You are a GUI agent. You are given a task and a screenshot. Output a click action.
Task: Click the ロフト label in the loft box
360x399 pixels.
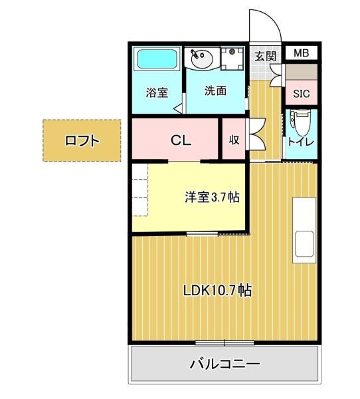tap(82, 140)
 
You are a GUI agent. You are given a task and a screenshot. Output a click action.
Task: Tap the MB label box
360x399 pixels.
tap(301, 53)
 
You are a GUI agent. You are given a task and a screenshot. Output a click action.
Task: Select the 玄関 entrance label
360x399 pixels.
tap(264, 56)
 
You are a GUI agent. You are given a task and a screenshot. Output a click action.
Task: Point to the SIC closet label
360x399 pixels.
tap(301, 94)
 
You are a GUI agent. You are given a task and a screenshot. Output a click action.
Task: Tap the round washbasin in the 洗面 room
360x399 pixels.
tap(199, 59)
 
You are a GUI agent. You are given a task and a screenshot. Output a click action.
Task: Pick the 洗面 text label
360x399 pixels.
tap(215, 90)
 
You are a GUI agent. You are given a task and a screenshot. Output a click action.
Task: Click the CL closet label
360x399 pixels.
tap(181, 140)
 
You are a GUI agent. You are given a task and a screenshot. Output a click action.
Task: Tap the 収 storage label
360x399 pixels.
tap(234, 140)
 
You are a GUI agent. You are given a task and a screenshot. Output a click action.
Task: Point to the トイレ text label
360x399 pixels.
tap(300, 142)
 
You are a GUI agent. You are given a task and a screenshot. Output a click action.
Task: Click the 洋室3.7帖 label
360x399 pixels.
tap(212, 197)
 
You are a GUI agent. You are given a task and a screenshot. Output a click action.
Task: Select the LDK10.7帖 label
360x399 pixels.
tap(218, 290)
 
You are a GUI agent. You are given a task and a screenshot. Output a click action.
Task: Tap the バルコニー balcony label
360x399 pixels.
tap(225, 364)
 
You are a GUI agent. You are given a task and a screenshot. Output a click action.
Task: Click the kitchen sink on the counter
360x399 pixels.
tap(305, 244)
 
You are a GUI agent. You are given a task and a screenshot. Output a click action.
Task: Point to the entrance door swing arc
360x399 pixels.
tap(266, 25)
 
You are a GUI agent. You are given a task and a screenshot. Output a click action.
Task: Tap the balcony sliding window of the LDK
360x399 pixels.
tap(225, 343)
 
